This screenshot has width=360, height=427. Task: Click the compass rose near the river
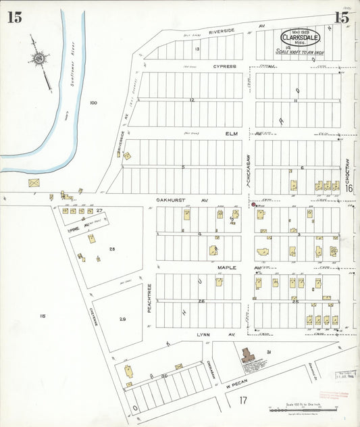(x=40, y=59)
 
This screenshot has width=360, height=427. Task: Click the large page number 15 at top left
(x=14, y=18)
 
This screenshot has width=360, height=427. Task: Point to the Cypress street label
(x=225, y=67)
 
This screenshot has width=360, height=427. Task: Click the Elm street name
(x=232, y=134)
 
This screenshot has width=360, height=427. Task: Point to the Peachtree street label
(x=149, y=297)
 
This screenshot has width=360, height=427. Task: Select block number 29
(x=122, y=318)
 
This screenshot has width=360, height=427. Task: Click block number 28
(x=112, y=249)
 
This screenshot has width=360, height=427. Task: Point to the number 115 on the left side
(x=43, y=316)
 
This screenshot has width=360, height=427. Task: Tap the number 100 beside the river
(x=93, y=103)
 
